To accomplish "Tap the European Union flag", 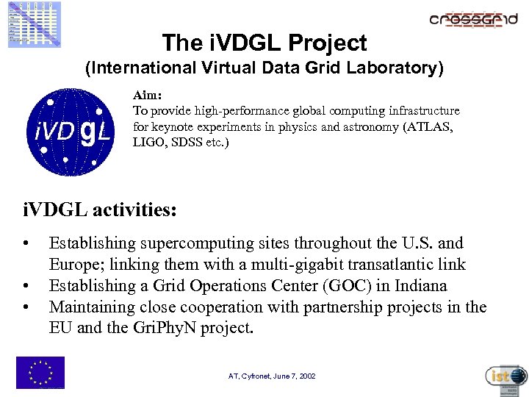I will tap(40, 372).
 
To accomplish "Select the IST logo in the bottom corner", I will tap(506, 377).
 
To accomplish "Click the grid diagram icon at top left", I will tap(35, 24).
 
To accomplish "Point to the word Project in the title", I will tap(327, 43).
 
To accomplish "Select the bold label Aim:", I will tap(147, 96).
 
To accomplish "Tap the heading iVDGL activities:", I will tap(100, 210).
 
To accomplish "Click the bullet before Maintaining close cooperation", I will tap(26, 307).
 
